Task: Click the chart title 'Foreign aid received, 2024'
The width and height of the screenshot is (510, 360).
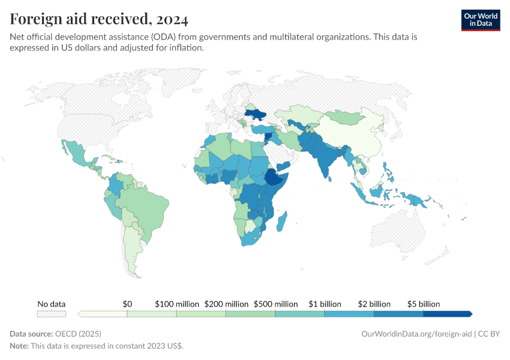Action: pyautogui.click(x=99, y=19)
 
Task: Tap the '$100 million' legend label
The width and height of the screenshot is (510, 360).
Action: pyautogui.click(x=176, y=304)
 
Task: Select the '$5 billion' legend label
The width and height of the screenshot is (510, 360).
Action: pyautogui.click(x=424, y=304)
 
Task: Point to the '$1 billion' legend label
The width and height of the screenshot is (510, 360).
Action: pyautogui.click(x=325, y=304)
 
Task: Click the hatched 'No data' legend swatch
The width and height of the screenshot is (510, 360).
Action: pyautogui.click(x=52, y=314)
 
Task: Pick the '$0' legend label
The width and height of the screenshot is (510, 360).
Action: pyautogui.click(x=127, y=304)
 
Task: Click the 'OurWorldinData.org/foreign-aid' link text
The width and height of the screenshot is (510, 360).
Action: pyautogui.click(x=416, y=334)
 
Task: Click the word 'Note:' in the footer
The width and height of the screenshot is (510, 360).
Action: pyautogui.click(x=20, y=346)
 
